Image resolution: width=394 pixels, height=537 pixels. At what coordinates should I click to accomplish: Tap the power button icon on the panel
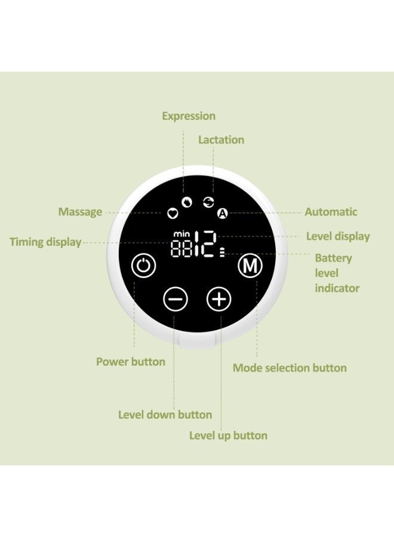click(143, 266)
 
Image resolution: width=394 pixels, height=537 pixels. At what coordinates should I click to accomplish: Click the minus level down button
click(176, 299)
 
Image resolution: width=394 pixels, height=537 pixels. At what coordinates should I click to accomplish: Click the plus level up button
click(219, 299)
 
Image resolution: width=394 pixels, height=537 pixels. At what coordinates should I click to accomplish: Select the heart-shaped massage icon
click(173, 214)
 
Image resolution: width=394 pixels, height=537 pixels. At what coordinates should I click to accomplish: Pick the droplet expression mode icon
click(187, 202)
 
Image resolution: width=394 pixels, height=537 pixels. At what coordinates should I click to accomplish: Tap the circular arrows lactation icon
click(208, 202)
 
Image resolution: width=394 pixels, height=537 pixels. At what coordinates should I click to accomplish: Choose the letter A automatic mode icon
click(223, 214)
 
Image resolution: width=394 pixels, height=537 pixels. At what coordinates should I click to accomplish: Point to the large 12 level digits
click(205, 244)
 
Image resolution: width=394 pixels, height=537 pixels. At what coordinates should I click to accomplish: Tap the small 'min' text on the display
click(181, 234)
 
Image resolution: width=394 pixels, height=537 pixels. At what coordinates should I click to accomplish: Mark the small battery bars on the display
click(222, 252)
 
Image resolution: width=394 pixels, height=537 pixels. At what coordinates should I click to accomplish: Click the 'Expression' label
click(189, 116)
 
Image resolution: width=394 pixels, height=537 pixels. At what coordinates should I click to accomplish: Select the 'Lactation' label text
click(221, 140)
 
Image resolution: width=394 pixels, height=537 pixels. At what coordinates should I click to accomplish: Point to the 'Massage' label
click(80, 212)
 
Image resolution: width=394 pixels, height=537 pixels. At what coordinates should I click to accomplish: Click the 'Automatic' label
click(331, 212)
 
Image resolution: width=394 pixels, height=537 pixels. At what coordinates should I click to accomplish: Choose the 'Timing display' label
click(45, 242)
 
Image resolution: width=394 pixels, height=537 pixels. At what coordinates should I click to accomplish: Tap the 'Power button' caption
click(131, 362)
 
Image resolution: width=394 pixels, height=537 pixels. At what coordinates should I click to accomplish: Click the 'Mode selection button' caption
click(290, 368)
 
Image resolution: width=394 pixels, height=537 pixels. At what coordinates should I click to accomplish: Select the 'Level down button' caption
click(165, 415)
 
